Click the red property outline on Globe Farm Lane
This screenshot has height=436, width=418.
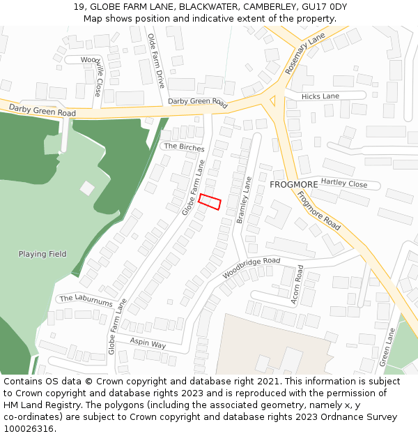pos(210,202)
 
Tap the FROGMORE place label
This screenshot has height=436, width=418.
pos(294,185)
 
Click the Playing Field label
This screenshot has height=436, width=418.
pos(42,254)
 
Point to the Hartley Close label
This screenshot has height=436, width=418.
pos(344,183)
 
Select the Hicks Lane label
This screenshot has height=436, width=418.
pos(321,96)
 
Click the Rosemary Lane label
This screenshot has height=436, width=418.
pos(304,54)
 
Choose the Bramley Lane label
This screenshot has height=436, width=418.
pos(244,200)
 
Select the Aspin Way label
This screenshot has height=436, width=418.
pos(148,344)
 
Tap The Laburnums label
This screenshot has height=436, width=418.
pos(86,301)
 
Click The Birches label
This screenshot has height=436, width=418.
pos(184,147)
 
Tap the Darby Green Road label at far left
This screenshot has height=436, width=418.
pos(42,110)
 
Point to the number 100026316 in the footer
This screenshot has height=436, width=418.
pos(28,428)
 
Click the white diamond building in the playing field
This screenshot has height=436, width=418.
pos(87,188)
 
